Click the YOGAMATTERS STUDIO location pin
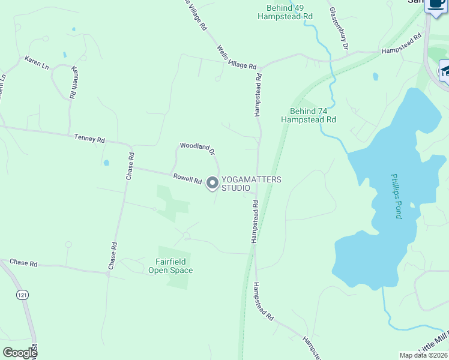coord(212,183)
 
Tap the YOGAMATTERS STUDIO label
coord(252,184)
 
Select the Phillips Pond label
coord(396,196)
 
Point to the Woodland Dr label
coord(197,148)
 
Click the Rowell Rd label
coord(187,179)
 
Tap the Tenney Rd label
coord(89,139)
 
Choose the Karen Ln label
coord(36,62)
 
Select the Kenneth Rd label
coord(74,82)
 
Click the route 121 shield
coord(22,295)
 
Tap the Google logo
coord(20,353)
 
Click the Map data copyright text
coord(423,355)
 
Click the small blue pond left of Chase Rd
coord(106,163)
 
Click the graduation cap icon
coord(445,71)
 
